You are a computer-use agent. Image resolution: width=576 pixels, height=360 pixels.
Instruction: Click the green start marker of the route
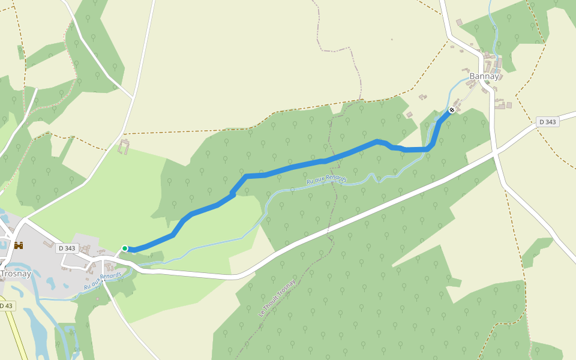(125, 248)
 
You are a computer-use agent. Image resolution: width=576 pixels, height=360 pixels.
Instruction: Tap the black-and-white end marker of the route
(451, 110)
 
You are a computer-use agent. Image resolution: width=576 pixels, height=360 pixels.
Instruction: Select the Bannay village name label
(484, 76)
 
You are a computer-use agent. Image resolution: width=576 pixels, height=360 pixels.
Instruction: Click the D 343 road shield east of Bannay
(547, 122)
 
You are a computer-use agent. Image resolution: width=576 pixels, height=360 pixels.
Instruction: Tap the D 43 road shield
(6, 306)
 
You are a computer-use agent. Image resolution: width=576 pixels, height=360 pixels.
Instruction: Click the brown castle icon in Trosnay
(19, 245)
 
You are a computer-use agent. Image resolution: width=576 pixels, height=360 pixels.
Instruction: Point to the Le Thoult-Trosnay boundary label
(277, 298)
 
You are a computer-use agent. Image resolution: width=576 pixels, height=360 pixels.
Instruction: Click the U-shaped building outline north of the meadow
(125, 146)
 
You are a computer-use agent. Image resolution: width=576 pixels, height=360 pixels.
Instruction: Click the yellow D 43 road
(18, 336)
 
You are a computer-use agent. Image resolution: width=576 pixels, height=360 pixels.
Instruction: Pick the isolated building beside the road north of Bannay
(459, 22)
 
